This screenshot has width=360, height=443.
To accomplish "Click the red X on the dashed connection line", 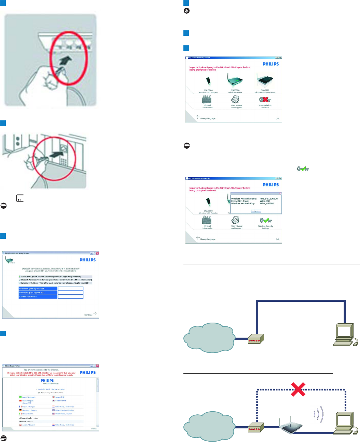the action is [298, 389].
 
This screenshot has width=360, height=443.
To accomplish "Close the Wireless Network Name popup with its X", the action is [281, 193].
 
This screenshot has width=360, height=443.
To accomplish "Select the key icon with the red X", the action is [265, 100].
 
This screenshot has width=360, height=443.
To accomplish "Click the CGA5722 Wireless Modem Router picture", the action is [265, 80].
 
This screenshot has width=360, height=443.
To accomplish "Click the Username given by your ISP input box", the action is [71, 289].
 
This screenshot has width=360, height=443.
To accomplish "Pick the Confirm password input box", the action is [71, 297].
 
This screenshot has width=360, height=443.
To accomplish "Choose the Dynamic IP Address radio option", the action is [20, 283].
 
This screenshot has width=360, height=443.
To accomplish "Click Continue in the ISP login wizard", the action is [89, 315].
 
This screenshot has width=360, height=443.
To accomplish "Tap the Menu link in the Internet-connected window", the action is [94, 429].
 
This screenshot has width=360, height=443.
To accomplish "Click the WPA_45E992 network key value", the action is [267, 204].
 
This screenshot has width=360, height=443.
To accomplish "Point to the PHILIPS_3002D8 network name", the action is [269, 198].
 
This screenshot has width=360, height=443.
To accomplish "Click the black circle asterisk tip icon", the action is [186, 11].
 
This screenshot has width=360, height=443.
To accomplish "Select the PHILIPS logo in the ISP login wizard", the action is [88, 260].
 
